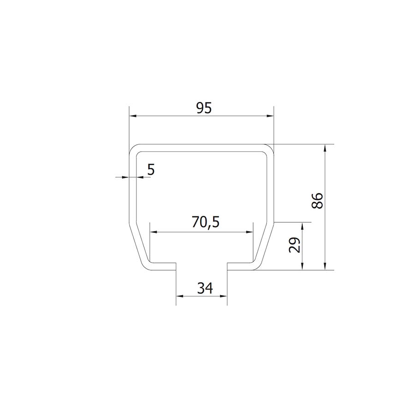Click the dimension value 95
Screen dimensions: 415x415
click(x=204, y=108)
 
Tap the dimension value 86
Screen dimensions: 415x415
click(x=317, y=201)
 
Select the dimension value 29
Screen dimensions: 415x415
click(x=295, y=245)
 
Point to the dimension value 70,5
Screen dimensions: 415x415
click(x=206, y=222)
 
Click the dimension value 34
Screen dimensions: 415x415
click(x=205, y=288)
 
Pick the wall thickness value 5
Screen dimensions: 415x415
click(x=151, y=169)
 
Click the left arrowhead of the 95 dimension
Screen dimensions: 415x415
click(x=132, y=116)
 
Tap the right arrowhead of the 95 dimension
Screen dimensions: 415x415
click(x=270, y=116)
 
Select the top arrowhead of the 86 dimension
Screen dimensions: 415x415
click(x=325, y=148)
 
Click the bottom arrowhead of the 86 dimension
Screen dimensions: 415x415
click(x=325, y=267)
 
